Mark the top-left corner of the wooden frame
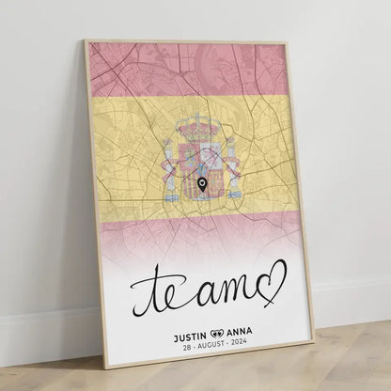(x=86, y=41)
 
